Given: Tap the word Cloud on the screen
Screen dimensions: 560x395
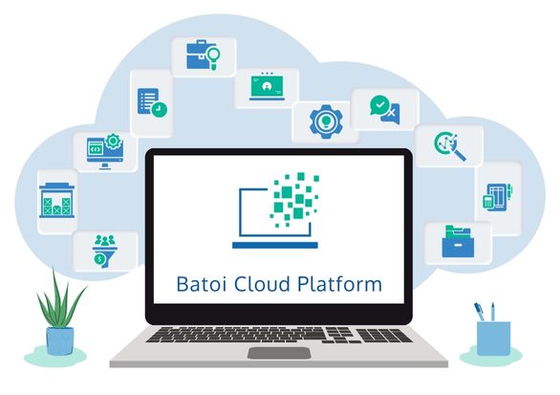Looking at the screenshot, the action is [263, 284].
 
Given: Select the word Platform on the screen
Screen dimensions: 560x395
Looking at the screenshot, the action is [339, 284].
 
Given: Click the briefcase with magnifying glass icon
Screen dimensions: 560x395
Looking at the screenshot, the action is [203, 55].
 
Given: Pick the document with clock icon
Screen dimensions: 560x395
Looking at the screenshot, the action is [152, 102].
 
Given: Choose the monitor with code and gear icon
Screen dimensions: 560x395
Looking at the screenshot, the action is [105, 151].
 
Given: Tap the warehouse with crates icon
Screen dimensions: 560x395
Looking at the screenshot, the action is [56, 200].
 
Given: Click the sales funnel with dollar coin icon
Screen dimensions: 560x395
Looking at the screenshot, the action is [105, 251].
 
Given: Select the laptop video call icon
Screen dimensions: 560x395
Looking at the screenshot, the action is [267, 86].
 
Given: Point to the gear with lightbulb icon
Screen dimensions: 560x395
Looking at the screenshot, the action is [326, 121].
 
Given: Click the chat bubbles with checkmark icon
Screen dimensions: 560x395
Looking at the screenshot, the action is [385, 110].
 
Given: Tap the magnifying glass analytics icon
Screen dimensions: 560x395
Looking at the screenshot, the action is [450, 145].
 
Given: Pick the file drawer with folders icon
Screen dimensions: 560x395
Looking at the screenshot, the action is [458, 241].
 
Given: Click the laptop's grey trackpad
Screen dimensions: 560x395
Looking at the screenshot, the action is [279, 353].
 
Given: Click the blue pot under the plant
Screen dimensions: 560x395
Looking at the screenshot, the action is [60, 340].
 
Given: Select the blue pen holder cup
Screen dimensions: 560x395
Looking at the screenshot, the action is [493, 339].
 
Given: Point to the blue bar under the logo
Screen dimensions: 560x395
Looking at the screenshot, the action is [275, 245].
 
